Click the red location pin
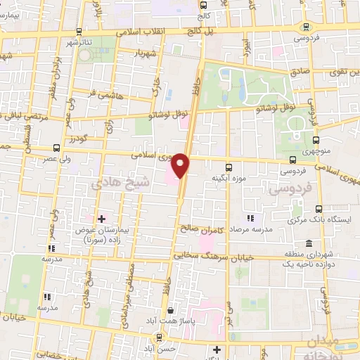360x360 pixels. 181,166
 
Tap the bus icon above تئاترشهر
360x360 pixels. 78,32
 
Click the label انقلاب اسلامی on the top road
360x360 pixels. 140,32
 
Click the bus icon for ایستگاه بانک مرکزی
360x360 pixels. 319,209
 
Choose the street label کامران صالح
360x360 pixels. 192,228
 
